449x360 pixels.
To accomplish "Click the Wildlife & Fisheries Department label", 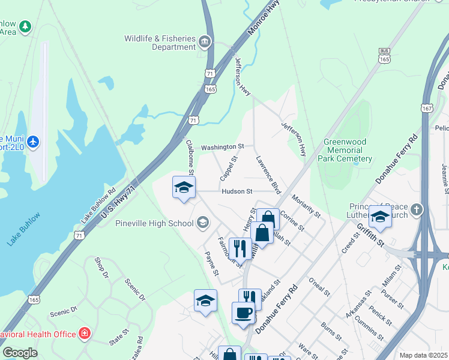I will point(160,43).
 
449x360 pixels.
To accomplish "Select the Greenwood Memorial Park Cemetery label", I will point(348,150).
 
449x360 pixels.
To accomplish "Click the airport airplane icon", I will point(33,142).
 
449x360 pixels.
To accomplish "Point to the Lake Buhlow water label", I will point(23,229).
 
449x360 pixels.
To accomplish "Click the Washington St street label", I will point(222,146).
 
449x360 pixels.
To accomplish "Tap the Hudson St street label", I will point(236,191).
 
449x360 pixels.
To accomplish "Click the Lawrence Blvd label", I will point(268,175).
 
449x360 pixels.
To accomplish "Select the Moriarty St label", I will point(306,206).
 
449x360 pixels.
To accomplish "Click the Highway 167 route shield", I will point(427,109).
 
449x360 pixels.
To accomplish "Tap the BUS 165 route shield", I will point(385,56).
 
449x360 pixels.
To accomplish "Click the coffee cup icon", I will point(243,313).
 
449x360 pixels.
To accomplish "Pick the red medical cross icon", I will point(85,333).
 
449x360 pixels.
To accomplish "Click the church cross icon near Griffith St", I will point(417,210).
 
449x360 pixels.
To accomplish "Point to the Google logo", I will point(20,353).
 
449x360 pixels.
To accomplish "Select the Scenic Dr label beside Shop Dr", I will point(135,289).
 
